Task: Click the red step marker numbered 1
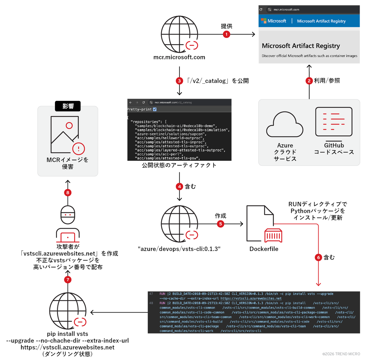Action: click(226, 34)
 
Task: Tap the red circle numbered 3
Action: click(179, 81)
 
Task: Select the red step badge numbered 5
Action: click(220, 224)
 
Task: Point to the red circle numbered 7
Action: click(68, 280)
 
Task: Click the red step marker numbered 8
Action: click(68, 192)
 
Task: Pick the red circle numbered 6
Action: click(318, 257)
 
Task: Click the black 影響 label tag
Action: click(68, 106)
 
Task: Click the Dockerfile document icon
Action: click(260, 223)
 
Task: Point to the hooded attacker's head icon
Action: click(68, 215)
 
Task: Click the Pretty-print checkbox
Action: click(155, 109)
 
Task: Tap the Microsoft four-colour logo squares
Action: click(264, 21)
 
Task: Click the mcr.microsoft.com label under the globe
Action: click(179, 57)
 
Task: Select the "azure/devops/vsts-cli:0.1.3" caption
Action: click(179, 249)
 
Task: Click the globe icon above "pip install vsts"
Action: click(68, 311)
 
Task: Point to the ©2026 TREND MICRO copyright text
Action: click(341, 354)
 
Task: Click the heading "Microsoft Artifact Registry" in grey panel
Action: click(301, 46)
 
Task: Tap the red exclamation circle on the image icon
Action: click(78, 149)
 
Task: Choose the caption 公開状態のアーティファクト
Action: click(179, 165)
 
